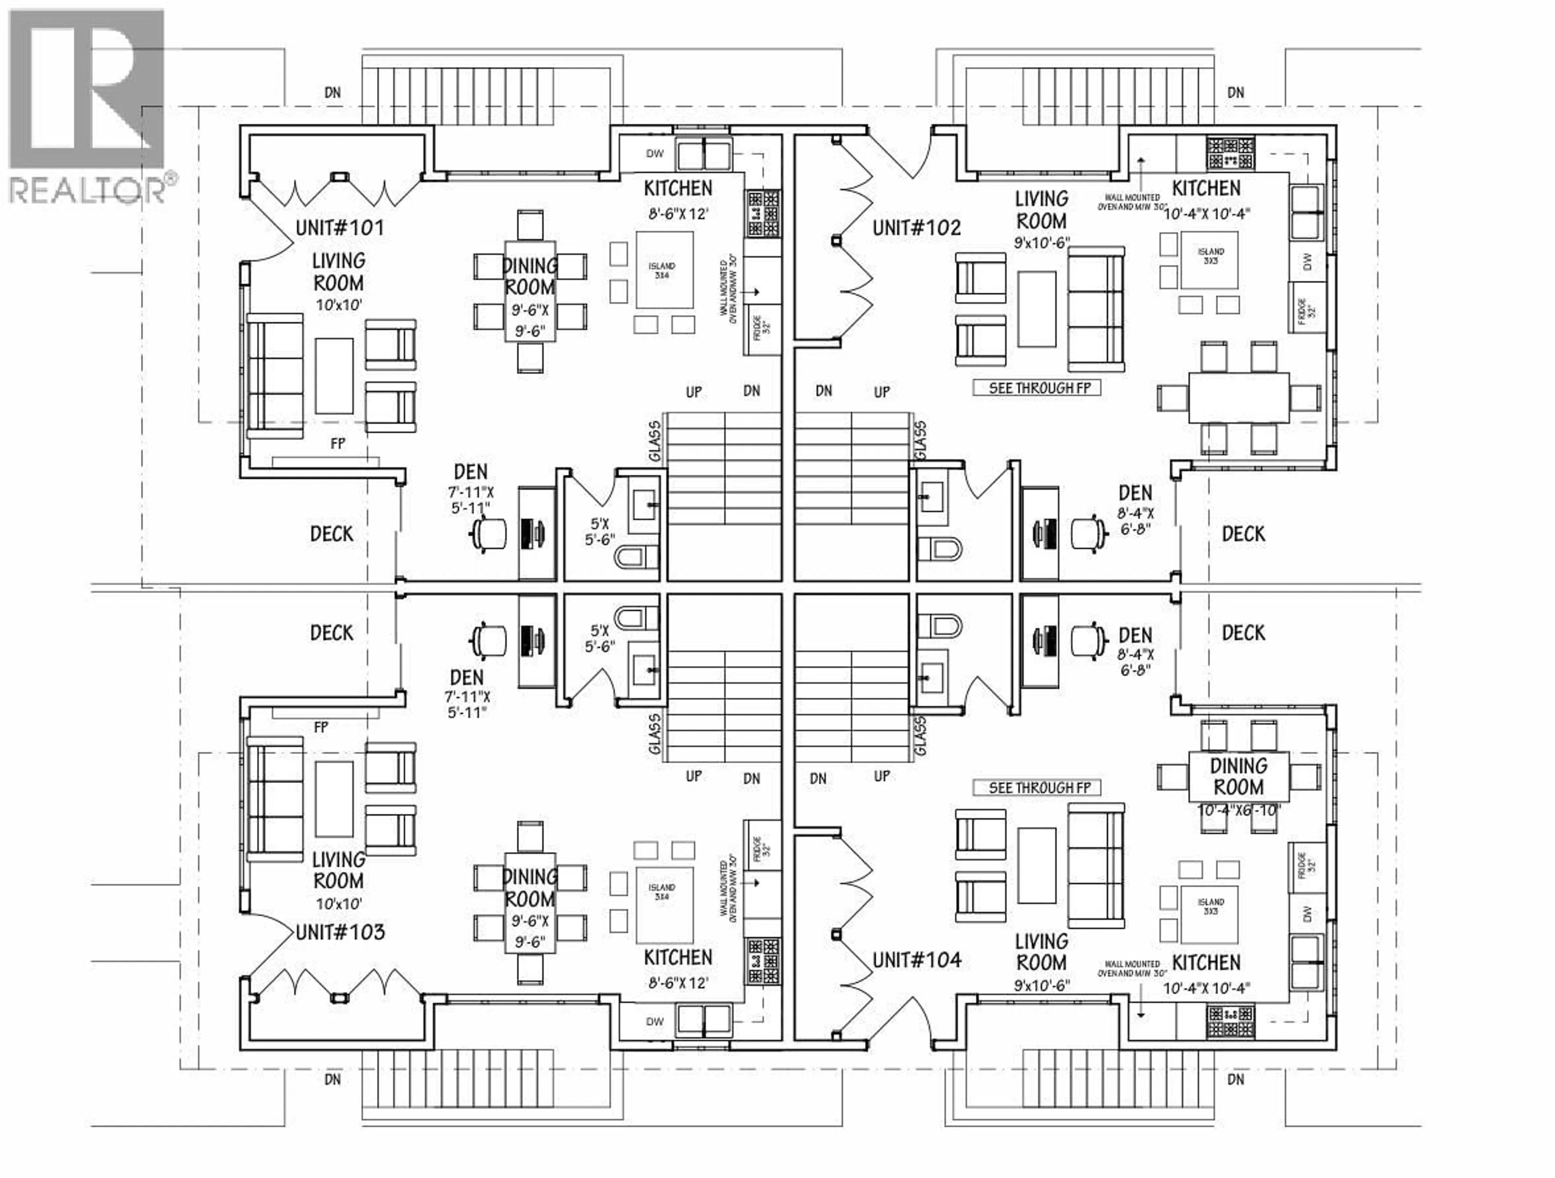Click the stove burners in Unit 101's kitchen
click(x=763, y=214)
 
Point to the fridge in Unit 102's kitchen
click(x=1306, y=307)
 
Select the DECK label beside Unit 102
click(x=1243, y=534)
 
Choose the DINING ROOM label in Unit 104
click(x=1239, y=777)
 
